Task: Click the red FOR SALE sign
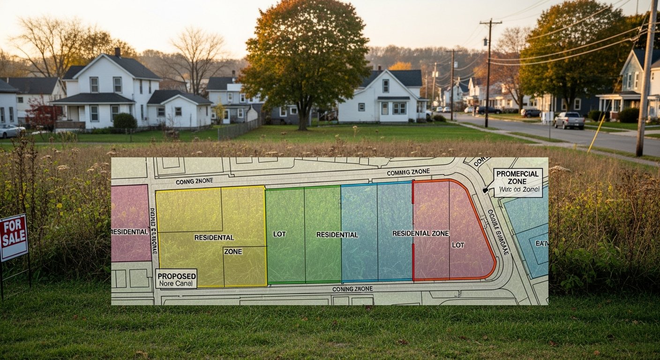pyautogui.click(x=13, y=237)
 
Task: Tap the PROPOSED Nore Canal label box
pyautogui.click(x=176, y=278)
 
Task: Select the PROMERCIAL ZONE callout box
pyautogui.click(x=517, y=182)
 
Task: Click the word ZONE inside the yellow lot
pyautogui.click(x=233, y=252)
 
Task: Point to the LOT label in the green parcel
pyautogui.click(x=279, y=234)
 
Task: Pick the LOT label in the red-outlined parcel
pyautogui.click(x=458, y=245)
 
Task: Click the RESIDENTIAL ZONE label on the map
pyautogui.click(x=420, y=233)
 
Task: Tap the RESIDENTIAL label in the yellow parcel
pyautogui.click(x=214, y=238)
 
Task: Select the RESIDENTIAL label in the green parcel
pyautogui.click(x=337, y=234)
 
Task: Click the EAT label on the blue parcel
pyautogui.click(x=541, y=243)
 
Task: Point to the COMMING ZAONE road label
pyautogui.click(x=408, y=172)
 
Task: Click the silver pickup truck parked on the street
pyautogui.click(x=569, y=120)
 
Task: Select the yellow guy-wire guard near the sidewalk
pyautogui.click(x=596, y=133)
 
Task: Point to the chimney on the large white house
pyautogui.click(x=117, y=52)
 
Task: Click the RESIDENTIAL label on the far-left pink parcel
pyautogui.click(x=129, y=232)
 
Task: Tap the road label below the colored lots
pyautogui.click(x=352, y=289)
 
